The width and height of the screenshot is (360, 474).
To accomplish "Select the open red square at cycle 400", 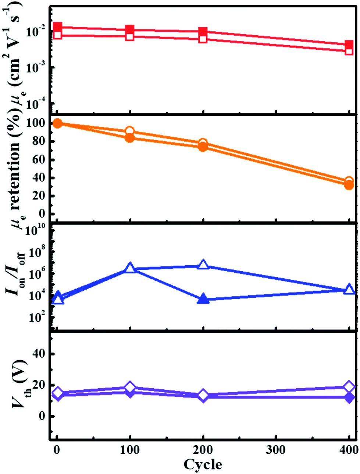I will pyautogui.click(x=349, y=51).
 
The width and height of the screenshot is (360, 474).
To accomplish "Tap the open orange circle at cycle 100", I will pyautogui.click(x=129, y=131).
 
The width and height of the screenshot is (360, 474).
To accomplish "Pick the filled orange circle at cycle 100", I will pyautogui.click(x=129, y=138).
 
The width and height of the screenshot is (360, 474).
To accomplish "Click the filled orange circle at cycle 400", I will pyautogui.click(x=349, y=185).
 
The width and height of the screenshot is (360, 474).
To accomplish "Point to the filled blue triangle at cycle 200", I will pyautogui.click(x=203, y=299).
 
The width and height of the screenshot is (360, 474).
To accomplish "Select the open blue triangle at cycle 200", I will pyautogui.click(x=203, y=264).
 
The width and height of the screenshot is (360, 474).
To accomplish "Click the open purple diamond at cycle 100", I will pyautogui.click(x=129, y=387).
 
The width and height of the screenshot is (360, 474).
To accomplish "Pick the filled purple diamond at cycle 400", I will pyautogui.click(x=349, y=397).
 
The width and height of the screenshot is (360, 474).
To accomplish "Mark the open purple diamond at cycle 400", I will pyautogui.click(x=349, y=387).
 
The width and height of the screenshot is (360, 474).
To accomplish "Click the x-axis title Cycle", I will pyautogui.click(x=203, y=464).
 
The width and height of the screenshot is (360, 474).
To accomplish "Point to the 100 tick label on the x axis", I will pyautogui.click(x=129, y=450).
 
